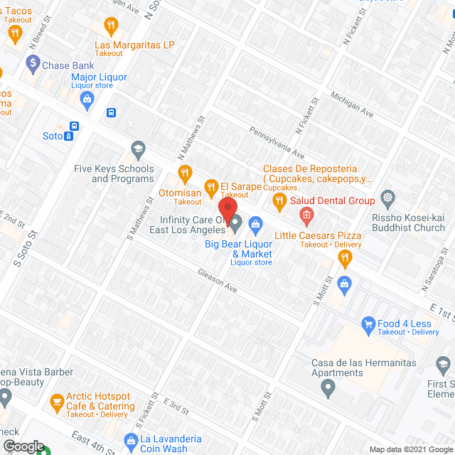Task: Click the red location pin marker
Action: click(x=227, y=210)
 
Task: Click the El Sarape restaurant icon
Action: click(x=211, y=187)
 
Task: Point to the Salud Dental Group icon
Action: click(x=306, y=214)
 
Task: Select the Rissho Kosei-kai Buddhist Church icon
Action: click(x=387, y=197)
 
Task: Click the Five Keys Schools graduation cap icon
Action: click(x=138, y=149)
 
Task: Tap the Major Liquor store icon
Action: click(x=86, y=99)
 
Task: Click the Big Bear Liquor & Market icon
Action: click(x=255, y=225)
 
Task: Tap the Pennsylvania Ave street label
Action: click(x=276, y=142)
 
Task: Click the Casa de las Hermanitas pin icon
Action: click(x=328, y=388)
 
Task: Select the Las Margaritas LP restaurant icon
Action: click(x=110, y=27)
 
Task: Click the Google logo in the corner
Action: click(x=23, y=446)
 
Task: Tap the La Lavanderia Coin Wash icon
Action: click(x=129, y=439)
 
